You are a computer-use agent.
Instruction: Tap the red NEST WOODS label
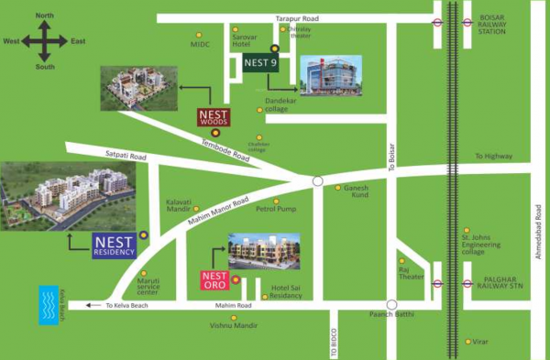tap(214, 116)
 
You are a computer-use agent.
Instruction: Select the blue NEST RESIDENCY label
tap(115, 245)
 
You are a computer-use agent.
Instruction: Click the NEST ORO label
tap(214, 278)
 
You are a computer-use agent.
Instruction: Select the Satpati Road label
tap(126, 157)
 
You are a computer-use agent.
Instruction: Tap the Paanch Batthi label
tap(390, 315)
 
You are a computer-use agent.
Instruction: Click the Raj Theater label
tap(408, 272)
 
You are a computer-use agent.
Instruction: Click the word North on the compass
tap(45, 16)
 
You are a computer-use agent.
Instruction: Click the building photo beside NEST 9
tap(331, 75)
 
